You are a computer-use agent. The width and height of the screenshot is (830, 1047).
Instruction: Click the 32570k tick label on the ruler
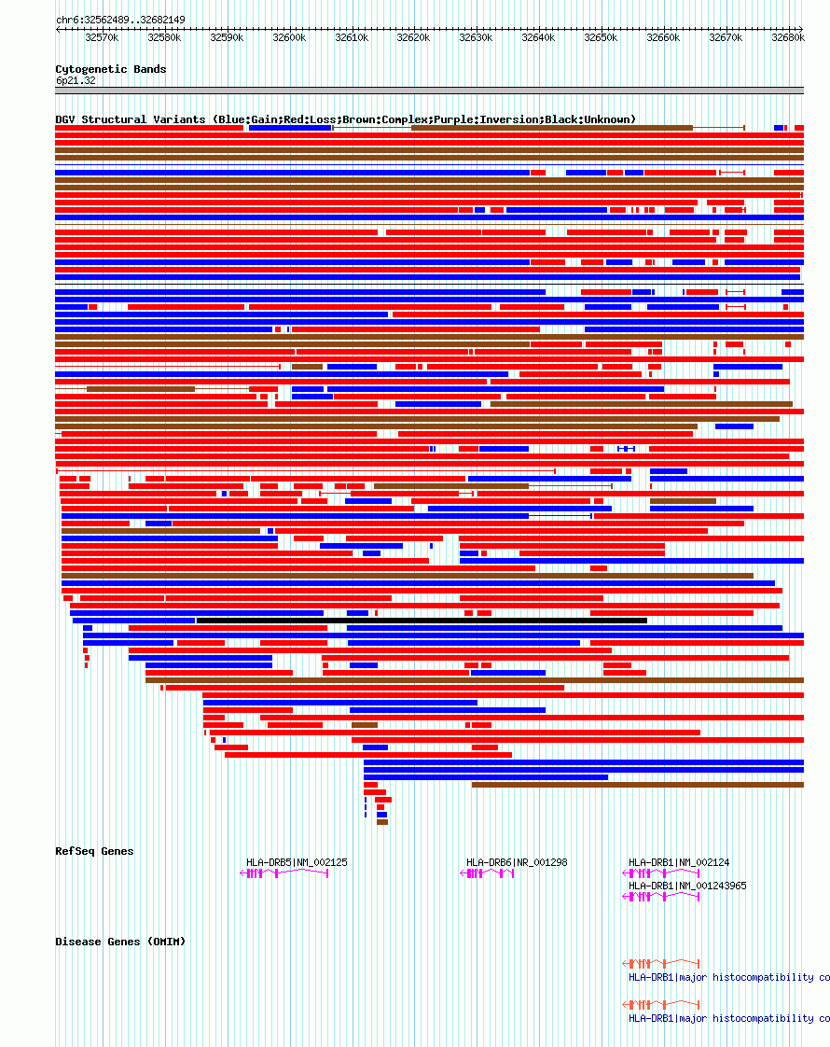pyautogui.click(x=102, y=37)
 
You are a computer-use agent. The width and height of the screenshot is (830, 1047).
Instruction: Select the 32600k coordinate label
pyautogui.click(x=289, y=37)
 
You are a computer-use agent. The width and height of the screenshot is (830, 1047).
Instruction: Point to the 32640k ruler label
pyautogui.click(x=538, y=37)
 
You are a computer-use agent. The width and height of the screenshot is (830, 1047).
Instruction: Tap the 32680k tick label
pyautogui.click(x=788, y=37)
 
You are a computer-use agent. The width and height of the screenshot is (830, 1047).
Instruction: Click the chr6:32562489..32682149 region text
pyautogui.click(x=120, y=20)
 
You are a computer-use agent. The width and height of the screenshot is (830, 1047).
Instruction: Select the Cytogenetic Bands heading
pyautogui.click(x=111, y=69)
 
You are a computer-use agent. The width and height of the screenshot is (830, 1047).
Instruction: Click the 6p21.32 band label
pyautogui.click(x=76, y=80)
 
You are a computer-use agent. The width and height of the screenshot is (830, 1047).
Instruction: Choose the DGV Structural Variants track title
pyautogui.click(x=345, y=119)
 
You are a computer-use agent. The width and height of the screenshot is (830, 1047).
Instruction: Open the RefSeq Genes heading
pyautogui.click(x=94, y=851)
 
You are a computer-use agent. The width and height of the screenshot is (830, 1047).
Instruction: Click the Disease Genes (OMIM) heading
pyautogui.click(x=120, y=942)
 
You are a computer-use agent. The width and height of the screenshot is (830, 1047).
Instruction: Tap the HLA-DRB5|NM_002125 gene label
pyautogui.click(x=297, y=862)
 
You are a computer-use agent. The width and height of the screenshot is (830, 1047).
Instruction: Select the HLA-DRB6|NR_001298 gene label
pyautogui.click(x=517, y=862)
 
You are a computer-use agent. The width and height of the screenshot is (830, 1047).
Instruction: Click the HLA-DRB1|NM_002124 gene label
pyautogui.click(x=679, y=862)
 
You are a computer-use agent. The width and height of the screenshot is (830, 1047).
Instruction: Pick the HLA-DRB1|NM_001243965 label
pyautogui.click(x=687, y=886)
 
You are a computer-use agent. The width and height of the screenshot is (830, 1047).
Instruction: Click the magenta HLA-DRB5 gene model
pyautogui.click(x=284, y=873)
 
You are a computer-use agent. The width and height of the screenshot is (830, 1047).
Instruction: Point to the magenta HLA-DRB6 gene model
pyautogui.click(x=488, y=873)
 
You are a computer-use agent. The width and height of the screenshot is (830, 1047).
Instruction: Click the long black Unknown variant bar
pyautogui.click(x=422, y=621)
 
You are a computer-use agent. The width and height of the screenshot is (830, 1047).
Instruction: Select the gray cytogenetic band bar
pyautogui.click(x=429, y=91)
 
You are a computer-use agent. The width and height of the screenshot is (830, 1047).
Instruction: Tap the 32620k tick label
pyautogui.click(x=413, y=37)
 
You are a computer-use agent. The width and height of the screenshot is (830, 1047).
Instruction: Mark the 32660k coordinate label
pyautogui.click(x=663, y=37)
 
